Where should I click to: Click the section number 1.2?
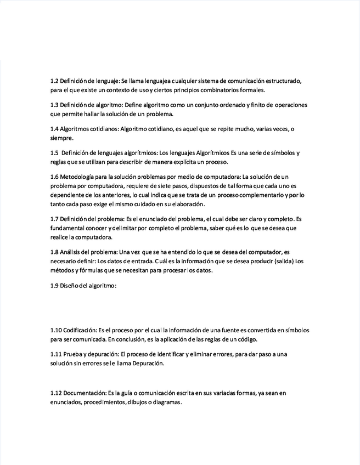pyautogui.click(x=54, y=81)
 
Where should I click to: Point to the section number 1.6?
pyautogui.click(x=54, y=177)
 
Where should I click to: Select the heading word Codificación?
pyautogui.click(x=81, y=330)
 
